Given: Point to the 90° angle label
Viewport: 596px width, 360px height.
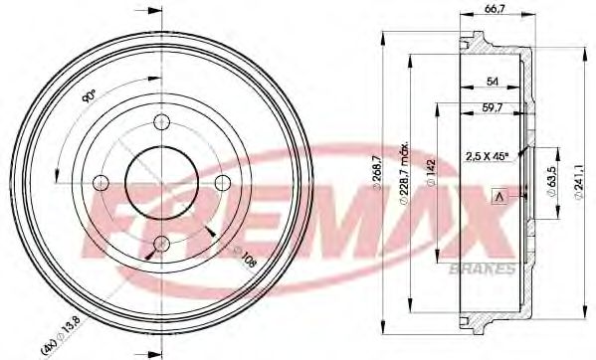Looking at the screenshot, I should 89,96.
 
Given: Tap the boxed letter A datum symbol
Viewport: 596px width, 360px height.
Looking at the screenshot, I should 497,198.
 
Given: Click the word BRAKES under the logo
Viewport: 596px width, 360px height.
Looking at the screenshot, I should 486,269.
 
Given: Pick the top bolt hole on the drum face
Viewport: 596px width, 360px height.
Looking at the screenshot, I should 160,121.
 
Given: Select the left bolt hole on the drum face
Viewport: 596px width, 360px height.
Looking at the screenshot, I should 99,182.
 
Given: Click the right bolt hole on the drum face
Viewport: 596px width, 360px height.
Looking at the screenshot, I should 222,182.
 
